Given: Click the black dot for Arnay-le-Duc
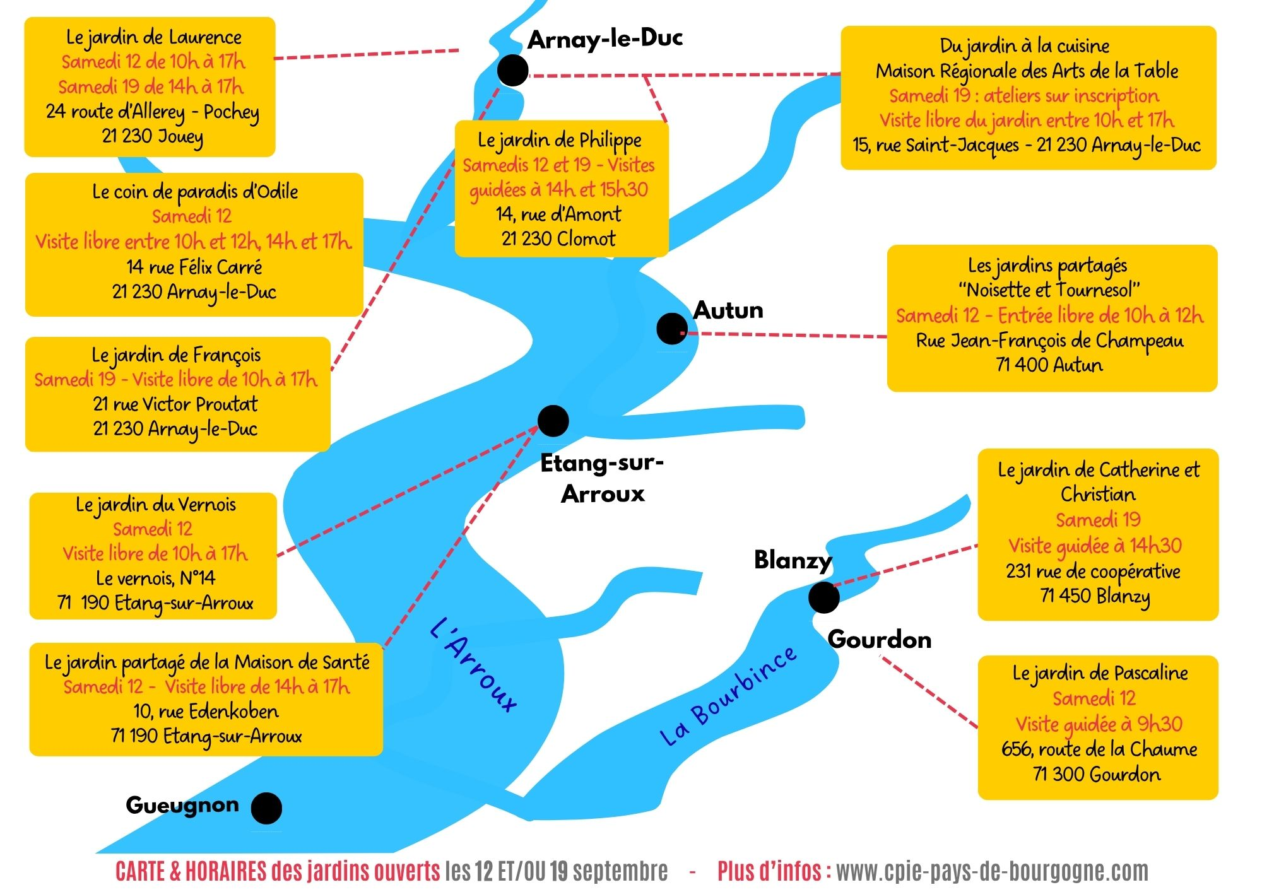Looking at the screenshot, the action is click(513, 70).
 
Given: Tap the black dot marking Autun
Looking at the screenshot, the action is click(672, 329).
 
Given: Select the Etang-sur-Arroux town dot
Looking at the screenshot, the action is click(553, 421).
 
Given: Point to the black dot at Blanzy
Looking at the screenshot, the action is click(823, 597).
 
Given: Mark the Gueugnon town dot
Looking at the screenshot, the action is click(266, 808).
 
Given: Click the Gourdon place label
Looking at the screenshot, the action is click(880, 640).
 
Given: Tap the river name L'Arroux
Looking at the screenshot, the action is click(474, 664).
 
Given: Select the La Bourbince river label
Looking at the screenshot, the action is click(728, 696).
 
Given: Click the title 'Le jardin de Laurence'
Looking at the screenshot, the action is click(154, 38).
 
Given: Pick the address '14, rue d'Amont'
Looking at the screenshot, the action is click(558, 214).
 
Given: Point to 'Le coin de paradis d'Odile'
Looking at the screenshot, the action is click(195, 192).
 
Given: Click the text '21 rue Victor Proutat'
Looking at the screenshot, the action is click(175, 404).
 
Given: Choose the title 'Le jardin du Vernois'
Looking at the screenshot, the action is click(156, 505).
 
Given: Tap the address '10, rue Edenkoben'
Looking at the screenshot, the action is click(206, 712).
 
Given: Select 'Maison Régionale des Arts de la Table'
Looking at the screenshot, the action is click(1027, 71).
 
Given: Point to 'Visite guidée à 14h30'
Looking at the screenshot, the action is click(1095, 546).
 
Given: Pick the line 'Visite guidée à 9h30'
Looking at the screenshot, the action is click(1099, 724).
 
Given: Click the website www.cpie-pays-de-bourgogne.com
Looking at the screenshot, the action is click(992, 871).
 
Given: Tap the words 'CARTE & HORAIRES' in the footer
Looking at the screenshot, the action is click(191, 871).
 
